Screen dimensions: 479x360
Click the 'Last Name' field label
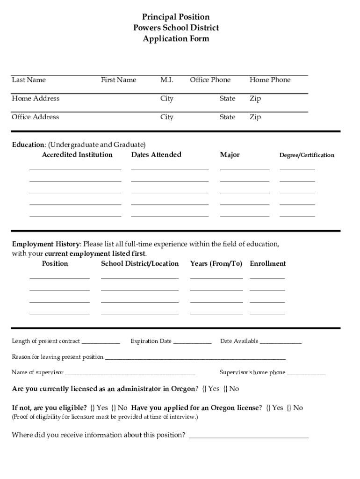tap(29, 80)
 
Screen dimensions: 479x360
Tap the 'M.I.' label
tap(166, 80)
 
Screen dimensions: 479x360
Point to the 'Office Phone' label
tap(210, 80)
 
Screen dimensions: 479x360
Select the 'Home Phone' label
tap(270, 80)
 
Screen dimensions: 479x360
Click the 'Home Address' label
tap(36, 99)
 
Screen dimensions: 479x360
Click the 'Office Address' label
tap(36, 117)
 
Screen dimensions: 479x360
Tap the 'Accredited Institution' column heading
tap(77, 155)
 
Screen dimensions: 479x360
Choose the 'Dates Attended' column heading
tap(156, 155)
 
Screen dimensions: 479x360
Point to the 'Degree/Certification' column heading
tap(307, 155)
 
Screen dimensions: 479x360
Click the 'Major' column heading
tap(230, 155)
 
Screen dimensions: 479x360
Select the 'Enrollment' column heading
tap(267, 264)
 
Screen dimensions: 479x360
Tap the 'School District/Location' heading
tap(140, 264)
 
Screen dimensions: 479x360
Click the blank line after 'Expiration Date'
tap(192, 342)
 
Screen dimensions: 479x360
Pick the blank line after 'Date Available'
tap(281, 342)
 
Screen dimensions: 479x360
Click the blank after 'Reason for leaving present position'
tap(195, 358)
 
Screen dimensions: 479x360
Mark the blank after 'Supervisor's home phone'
tap(306, 373)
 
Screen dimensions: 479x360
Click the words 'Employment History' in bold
tap(46, 244)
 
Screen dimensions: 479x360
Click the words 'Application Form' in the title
tap(176, 39)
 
